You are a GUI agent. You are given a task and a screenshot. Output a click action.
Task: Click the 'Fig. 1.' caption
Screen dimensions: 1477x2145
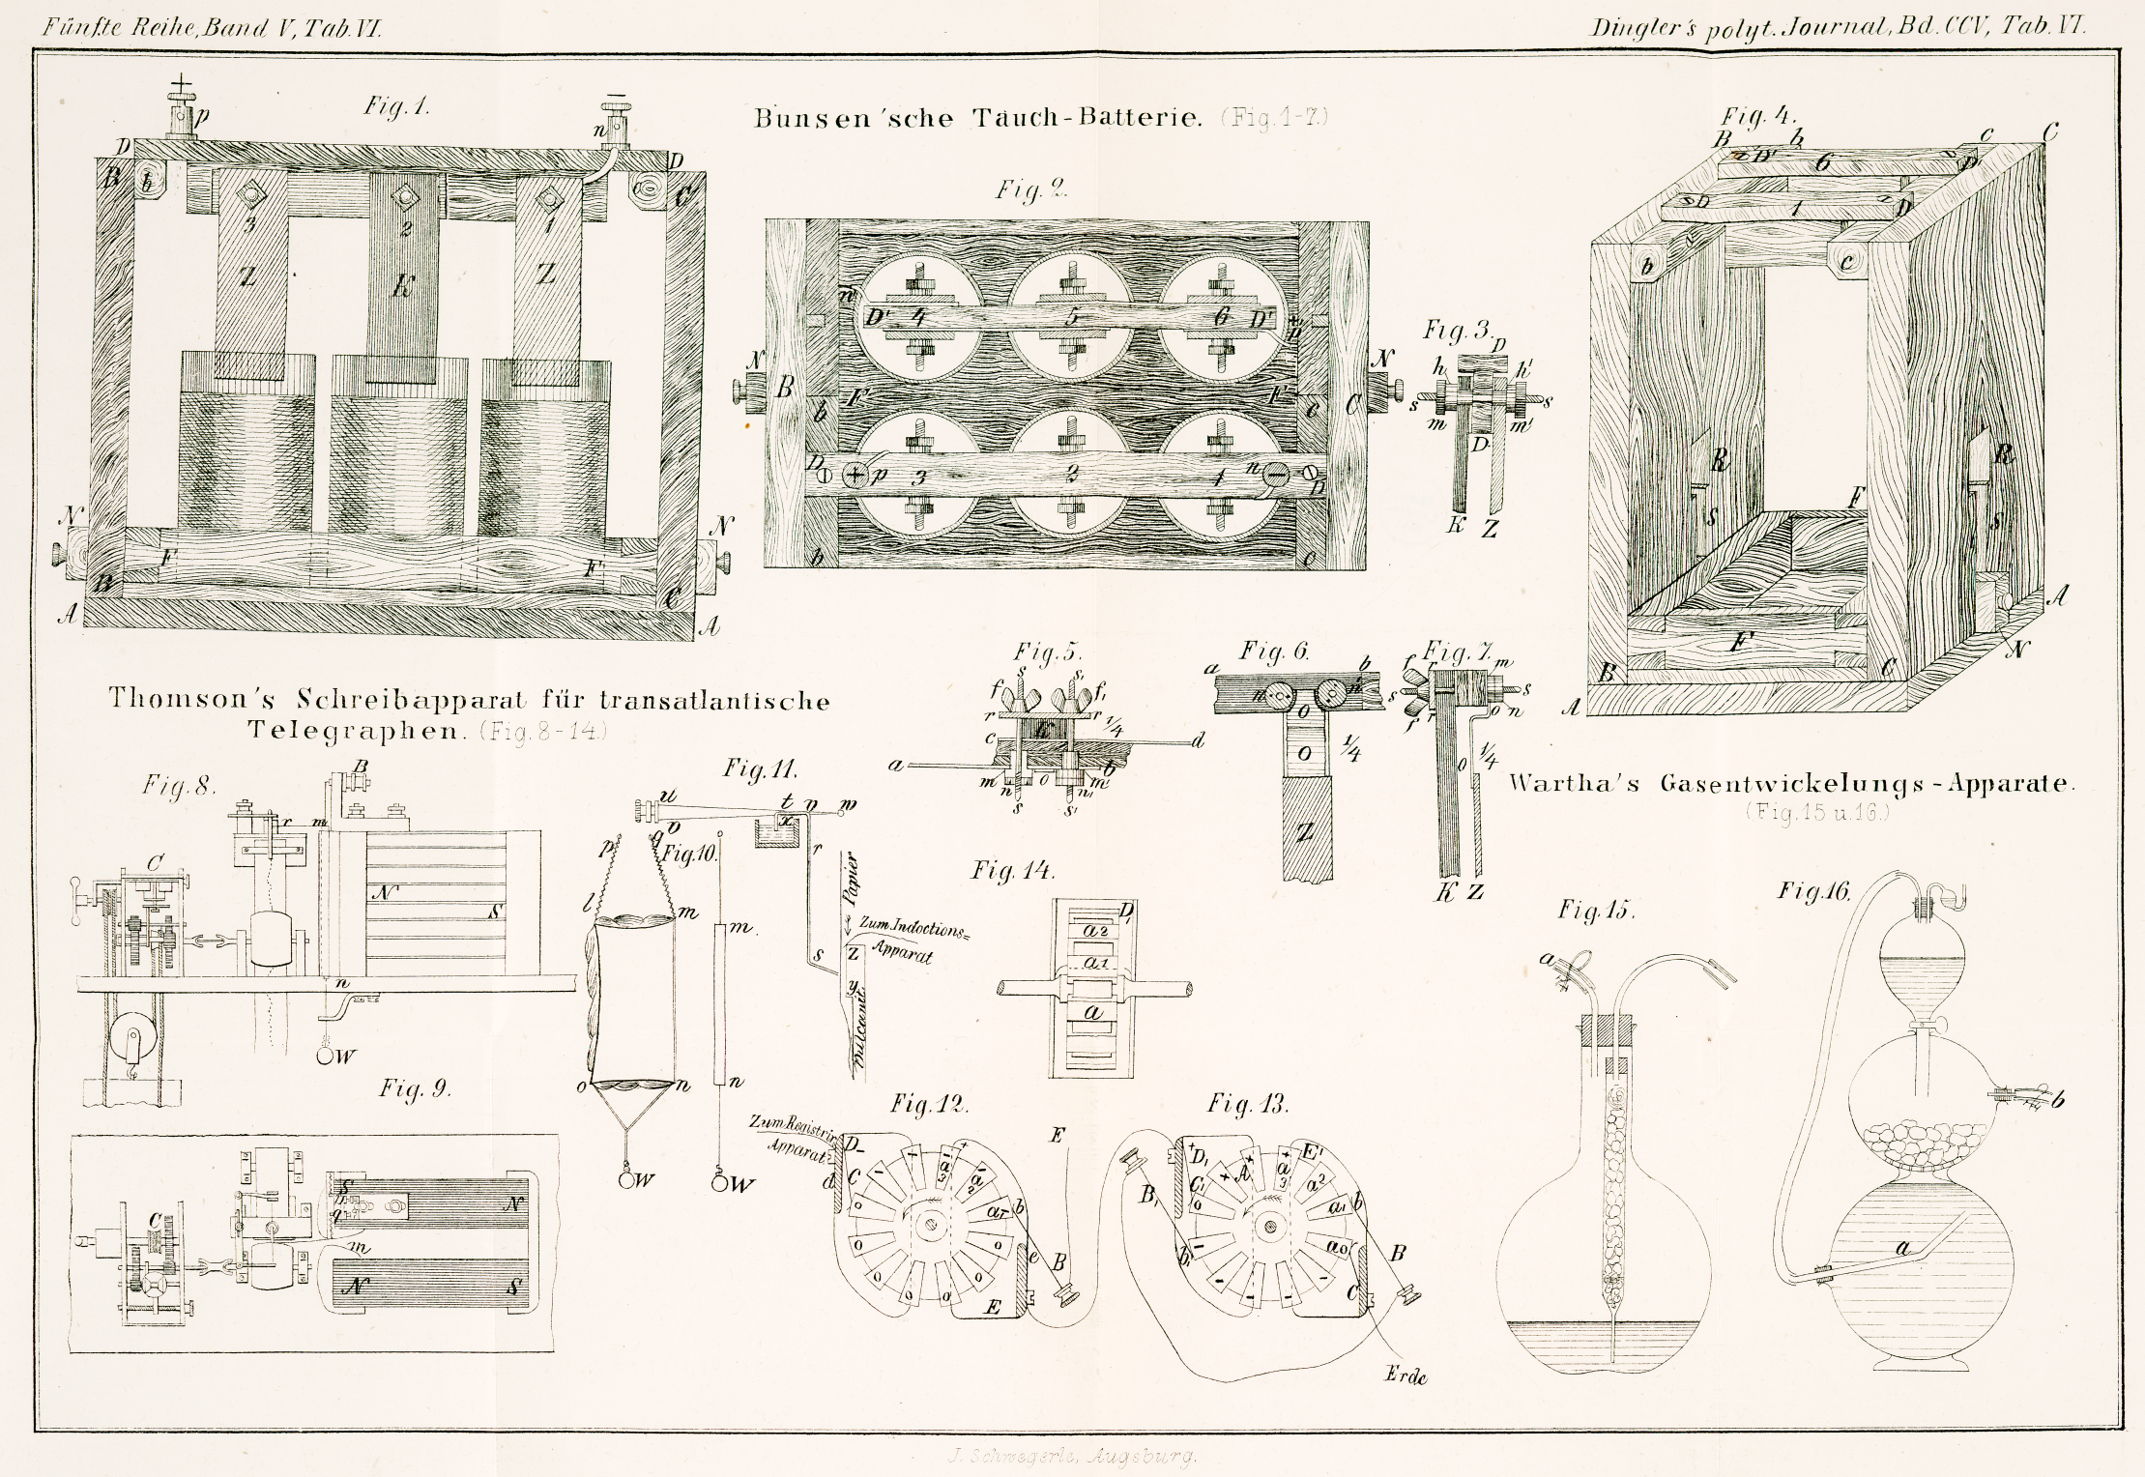(x=395, y=105)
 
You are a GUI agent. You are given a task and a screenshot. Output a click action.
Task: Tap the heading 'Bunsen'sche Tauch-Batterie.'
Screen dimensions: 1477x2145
(x=977, y=119)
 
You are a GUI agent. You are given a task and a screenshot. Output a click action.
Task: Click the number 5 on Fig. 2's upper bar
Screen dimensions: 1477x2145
(x=1069, y=317)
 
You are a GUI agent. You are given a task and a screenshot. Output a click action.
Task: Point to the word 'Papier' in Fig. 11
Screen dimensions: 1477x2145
(x=851, y=880)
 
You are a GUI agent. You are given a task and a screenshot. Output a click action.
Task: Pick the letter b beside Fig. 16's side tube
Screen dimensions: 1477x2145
(x=2057, y=1098)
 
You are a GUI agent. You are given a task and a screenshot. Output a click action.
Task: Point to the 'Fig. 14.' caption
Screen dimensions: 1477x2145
(x=1012, y=871)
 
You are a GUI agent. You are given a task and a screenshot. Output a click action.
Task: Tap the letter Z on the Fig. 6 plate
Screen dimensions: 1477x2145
(x=1304, y=831)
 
